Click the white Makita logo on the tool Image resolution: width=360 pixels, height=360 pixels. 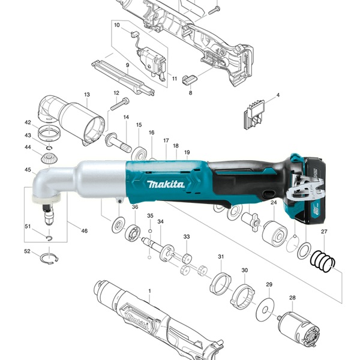coord(166,184)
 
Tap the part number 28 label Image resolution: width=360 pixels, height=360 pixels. coord(292,298)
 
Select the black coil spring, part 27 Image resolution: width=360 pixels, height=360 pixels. coord(323,261)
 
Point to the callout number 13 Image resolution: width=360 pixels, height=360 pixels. coord(87,94)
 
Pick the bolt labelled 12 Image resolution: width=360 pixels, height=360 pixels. coord(120,104)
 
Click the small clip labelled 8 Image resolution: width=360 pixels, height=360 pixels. coord(190,79)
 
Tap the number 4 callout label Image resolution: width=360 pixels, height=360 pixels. coord(278,95)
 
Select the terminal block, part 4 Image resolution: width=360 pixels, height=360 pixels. coord(254,115)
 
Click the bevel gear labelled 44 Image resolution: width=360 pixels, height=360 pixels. coord(49,158)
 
